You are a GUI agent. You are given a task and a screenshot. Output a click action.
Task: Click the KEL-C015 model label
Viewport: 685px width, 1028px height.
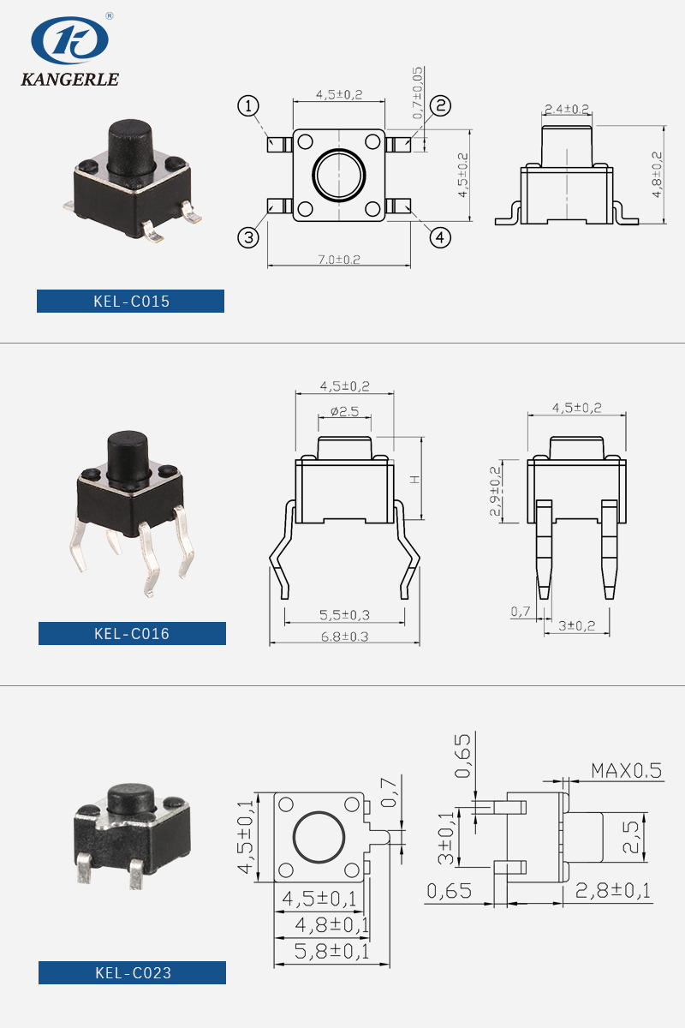(130, 302)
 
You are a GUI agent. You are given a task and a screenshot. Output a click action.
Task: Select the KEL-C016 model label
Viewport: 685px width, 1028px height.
(132, 634)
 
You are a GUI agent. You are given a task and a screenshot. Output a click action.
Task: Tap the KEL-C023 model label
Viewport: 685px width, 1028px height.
(132, 972)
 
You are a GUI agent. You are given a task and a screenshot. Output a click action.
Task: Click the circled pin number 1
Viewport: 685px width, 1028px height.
(248, 106)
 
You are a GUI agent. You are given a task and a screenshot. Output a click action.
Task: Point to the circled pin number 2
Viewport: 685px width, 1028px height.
(440, 105)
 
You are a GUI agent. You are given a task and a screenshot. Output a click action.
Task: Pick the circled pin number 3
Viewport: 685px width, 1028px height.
(248, 237)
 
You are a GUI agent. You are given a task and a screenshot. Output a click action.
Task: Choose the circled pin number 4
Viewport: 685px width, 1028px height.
(440, 236)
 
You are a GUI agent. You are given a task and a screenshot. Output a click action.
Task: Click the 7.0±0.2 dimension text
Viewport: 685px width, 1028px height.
(339, 259)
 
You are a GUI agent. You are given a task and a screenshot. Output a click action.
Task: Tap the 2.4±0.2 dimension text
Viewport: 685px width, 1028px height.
(567, 109)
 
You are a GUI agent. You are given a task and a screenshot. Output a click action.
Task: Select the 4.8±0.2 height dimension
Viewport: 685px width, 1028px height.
(658, 175)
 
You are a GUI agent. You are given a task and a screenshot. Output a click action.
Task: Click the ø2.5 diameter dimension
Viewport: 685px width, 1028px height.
(344, 411)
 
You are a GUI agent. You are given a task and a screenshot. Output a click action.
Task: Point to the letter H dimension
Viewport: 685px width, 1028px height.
(414, 480)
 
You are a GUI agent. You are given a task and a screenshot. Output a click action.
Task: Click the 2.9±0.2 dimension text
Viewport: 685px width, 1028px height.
(494, 492)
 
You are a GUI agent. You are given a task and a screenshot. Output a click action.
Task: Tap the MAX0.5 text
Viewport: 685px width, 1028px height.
(626, 770)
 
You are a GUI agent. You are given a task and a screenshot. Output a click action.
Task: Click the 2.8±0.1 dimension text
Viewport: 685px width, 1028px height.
(612, 891)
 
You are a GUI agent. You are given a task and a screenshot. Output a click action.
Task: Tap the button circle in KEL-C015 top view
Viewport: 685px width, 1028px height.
(338, 176)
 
